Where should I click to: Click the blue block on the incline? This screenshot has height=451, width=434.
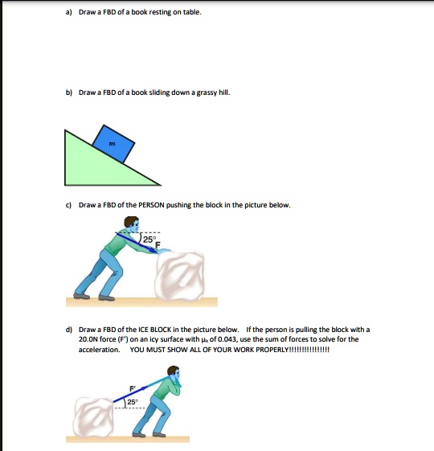[x=117, y=144]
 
